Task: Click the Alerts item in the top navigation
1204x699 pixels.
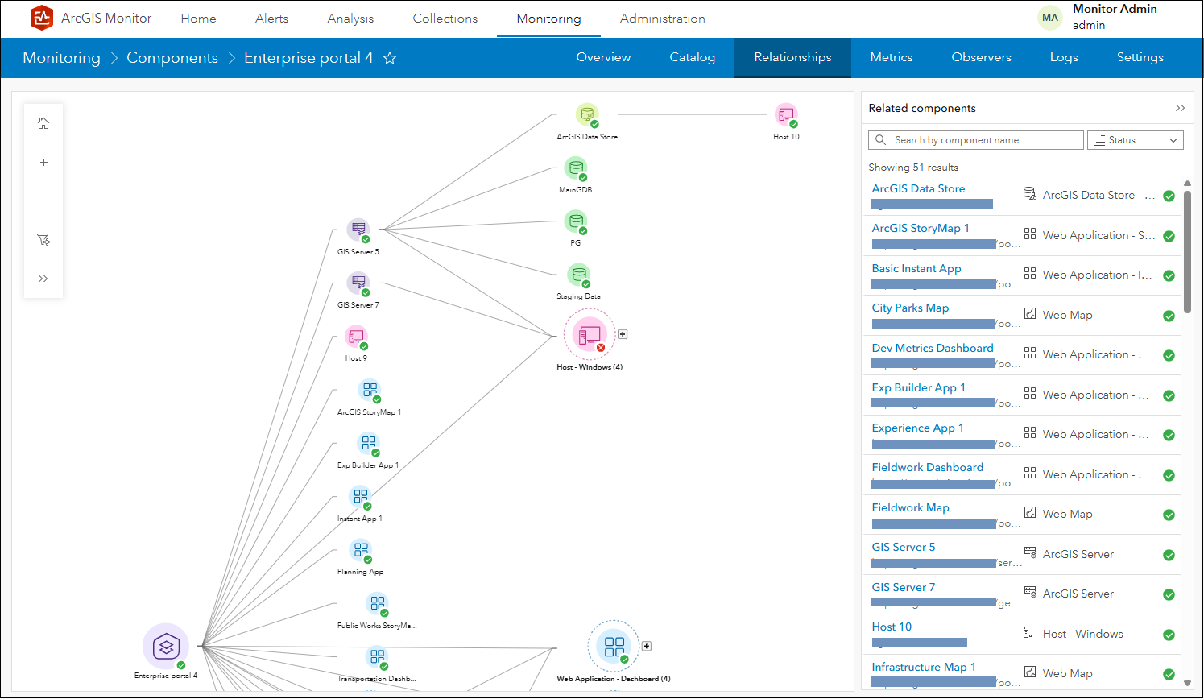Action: coord(271,19)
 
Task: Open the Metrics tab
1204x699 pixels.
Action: coord(891,57)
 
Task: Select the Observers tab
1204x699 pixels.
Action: coord(981,57)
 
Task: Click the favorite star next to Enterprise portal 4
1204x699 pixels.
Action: coord(390,58)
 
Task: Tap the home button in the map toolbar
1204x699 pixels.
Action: coord(43,123)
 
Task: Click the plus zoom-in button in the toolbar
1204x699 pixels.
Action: coord(43,162)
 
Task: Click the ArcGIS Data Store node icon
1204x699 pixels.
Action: coord(587,115)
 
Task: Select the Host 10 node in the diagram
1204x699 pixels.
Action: coord(785,115)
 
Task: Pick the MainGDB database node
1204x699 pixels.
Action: coord(575,169)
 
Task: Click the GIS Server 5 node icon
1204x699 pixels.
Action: coord(358,230)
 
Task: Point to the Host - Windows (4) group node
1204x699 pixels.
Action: coord(590,334)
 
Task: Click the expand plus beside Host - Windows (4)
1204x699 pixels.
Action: coord(623,334)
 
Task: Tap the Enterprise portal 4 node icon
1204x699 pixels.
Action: coord(166,646)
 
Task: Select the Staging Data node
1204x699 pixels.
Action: coord(578,275)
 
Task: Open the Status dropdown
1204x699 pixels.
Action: coord(1135,140)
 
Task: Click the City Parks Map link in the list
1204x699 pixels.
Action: coord(910,308)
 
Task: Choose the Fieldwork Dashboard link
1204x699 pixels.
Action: coord(927,468)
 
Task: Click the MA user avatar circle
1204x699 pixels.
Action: coord(1050,18)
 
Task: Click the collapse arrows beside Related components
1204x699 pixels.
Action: coord(1180,108)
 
